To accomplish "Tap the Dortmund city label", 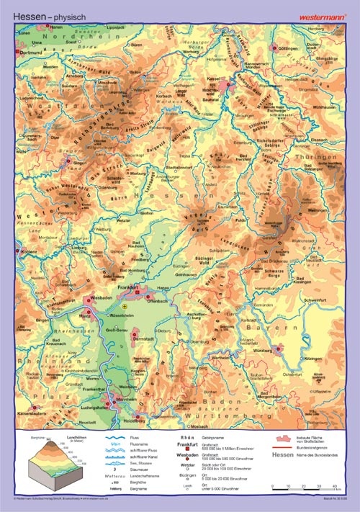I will (x=32, y=53).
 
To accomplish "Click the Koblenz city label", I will (x=28, y=252).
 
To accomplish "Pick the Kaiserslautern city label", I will (x=33, y=413).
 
